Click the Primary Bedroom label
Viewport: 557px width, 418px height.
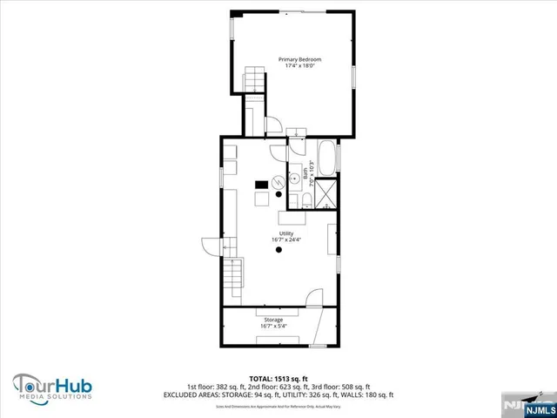(293, 59)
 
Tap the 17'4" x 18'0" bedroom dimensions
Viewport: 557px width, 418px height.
(293, 66)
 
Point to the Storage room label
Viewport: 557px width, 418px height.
(273, 320)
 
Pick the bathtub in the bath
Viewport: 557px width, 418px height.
(327, 158)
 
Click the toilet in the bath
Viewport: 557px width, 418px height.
(307, 202)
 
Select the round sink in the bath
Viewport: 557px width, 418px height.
(294, 172)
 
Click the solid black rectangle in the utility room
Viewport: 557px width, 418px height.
(260, 185)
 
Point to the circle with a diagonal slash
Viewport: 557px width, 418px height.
(278, 182)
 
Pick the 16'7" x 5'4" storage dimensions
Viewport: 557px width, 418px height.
(273, 327)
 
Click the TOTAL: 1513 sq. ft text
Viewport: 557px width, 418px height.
(278, 378)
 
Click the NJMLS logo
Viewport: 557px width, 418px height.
(534, 405)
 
